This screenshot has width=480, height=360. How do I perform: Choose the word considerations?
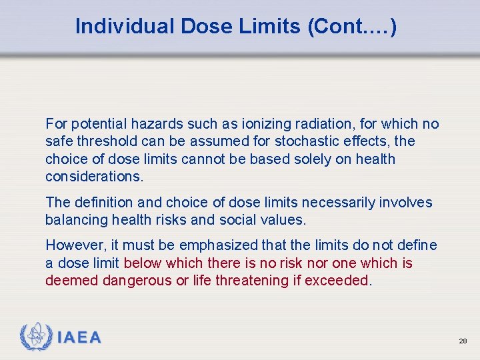93,177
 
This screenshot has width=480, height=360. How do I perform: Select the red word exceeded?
336,281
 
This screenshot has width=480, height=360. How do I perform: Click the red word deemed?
72,281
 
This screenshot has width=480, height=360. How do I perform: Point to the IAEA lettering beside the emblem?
79,338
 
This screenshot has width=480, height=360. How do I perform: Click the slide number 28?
463,341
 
